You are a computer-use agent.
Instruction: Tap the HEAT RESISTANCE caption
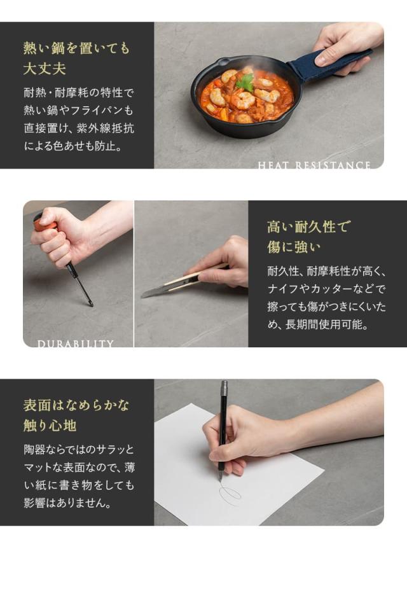pyautogui.click(x=314, y=165)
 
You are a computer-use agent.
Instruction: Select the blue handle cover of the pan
pyautogui.click(x=328, y=65)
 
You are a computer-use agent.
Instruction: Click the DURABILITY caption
pyautogui.click(x=75, y=344)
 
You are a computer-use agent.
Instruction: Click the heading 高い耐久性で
pyautogui.click(x=308, y=226)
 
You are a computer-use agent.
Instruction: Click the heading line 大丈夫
pyautogui.click(x=45, y=67)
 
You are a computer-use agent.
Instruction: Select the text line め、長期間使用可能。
pyautogui.click(x=318, y=324)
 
